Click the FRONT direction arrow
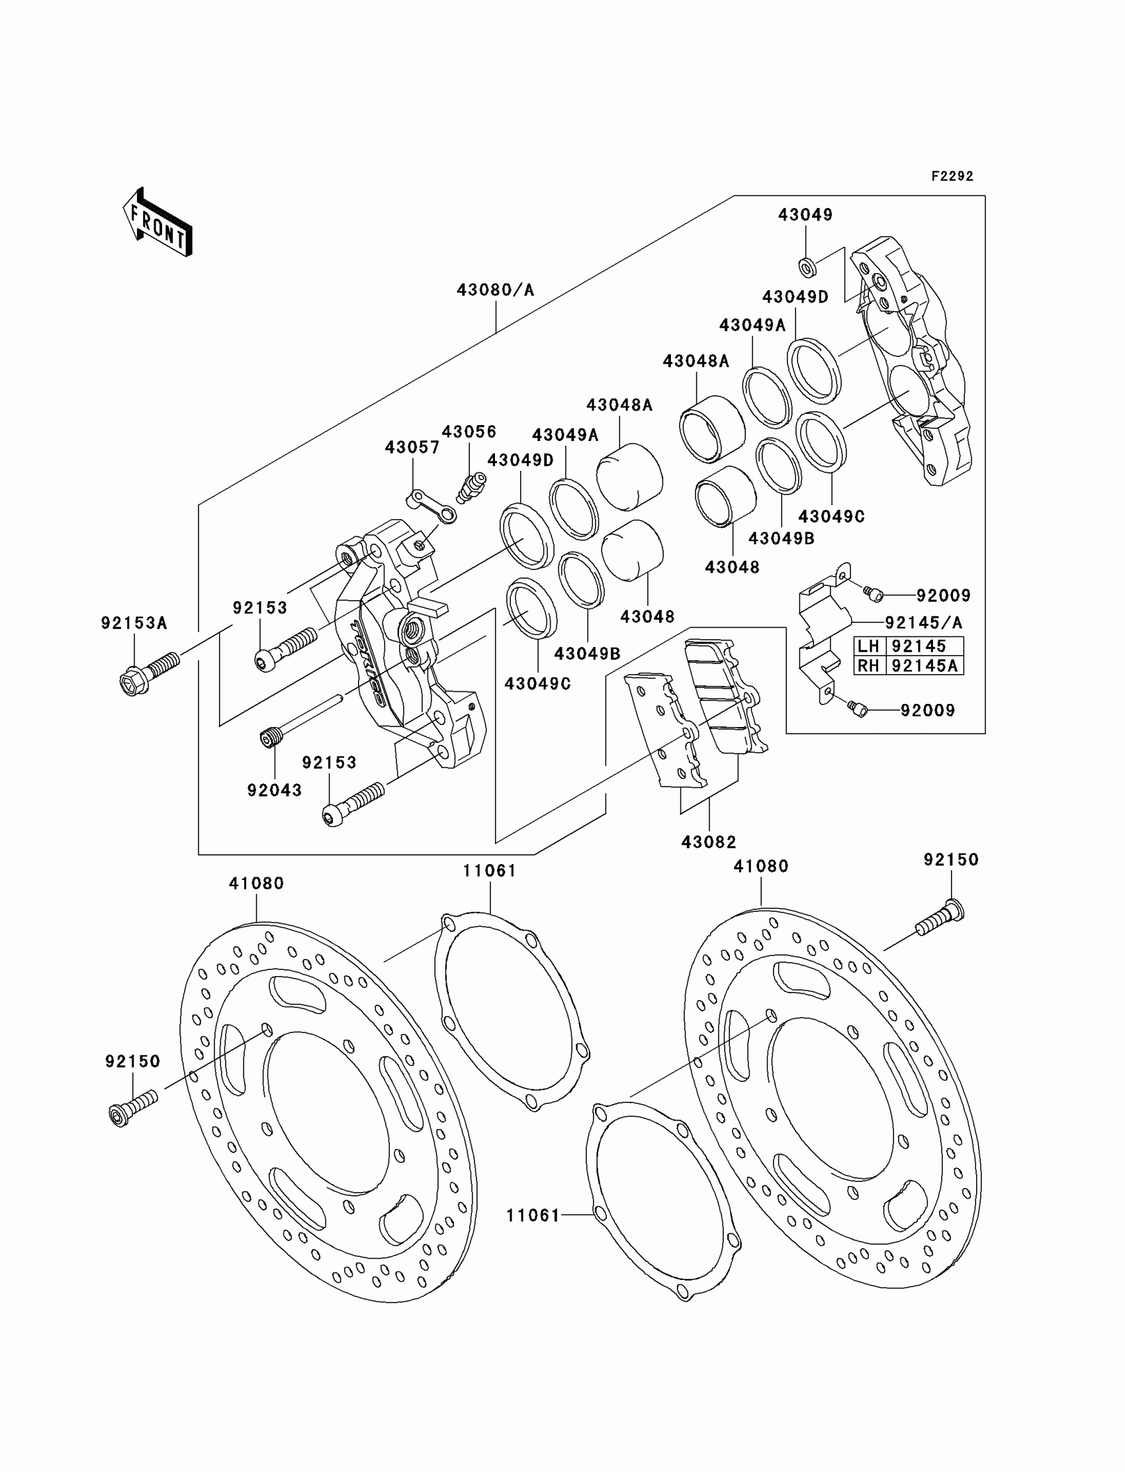pyautogui.click(x=158, y=224)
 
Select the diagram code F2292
pyautogui.click(x=952, y=176)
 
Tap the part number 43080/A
pyautogui.click(x=496, y=290)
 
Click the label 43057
pyautogui.click(x=412, y=447)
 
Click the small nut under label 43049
pyautogui.click(x=806, y=266)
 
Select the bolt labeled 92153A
pyautogui.click(x=149, y=673)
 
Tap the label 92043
pyautogui.click(x=275, y=790)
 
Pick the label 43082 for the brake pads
pyautogui.click(x=709, y=842)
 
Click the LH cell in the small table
pyautogui.click(x=868, y=646)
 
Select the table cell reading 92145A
pyautogui.click(x=924, y=665)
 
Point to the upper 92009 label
pyautogui.click(x=943, y=596)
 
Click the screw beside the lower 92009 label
pyautogui.click(x=857, y=707)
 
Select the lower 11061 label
pyautogui.click(x=532, y=1214)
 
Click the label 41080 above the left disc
pyautogui.click(x=257, y=884)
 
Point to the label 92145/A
pyautogui.click(x=923, y=622)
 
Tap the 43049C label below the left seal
pyautogui.click(x=537, y=684)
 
